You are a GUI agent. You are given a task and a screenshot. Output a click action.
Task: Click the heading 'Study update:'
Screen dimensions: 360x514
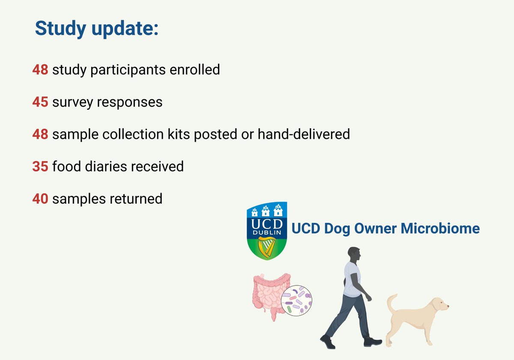click(96, 28)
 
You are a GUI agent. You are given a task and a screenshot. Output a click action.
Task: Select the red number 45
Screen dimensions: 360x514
click(40, 102)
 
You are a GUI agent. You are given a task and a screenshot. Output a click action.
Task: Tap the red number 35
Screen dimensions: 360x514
click(40, 166)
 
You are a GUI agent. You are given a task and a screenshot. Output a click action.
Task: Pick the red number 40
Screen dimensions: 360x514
click(40, 199)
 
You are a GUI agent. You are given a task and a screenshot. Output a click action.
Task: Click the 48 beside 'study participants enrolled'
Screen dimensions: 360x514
click(40, 69)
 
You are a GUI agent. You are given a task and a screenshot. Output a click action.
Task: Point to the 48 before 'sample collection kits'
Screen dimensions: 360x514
click(40, 134)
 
